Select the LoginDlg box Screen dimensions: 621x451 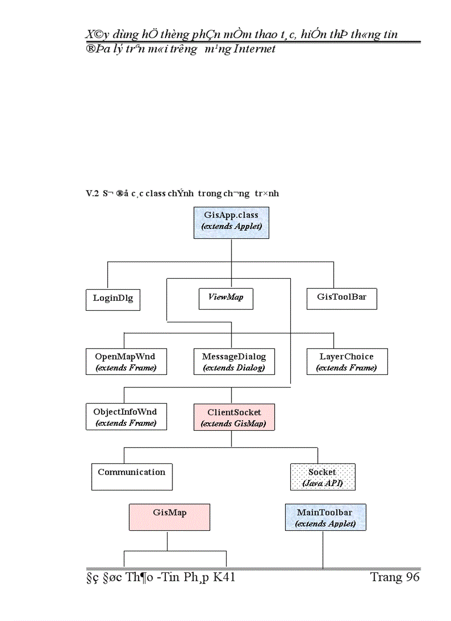(113, 299)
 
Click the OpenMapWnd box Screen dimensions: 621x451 (126, 362)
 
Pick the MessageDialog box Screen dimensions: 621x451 (234, 362)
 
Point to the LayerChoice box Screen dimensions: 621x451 (347, 362)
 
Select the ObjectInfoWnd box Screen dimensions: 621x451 (126, 417)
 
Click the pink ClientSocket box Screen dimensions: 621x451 (234, 417)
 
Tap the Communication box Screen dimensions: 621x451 (132, 476)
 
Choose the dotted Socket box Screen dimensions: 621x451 (322, 477)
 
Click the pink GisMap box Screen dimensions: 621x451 (169, 516)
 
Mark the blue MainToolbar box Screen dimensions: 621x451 (326, 517)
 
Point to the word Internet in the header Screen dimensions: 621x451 (255, 49)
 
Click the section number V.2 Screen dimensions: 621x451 (92, 194)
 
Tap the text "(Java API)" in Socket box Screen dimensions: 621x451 (322, 483)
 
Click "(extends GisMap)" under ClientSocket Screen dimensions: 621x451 (234, 424)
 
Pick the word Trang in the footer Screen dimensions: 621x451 (386, 577)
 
